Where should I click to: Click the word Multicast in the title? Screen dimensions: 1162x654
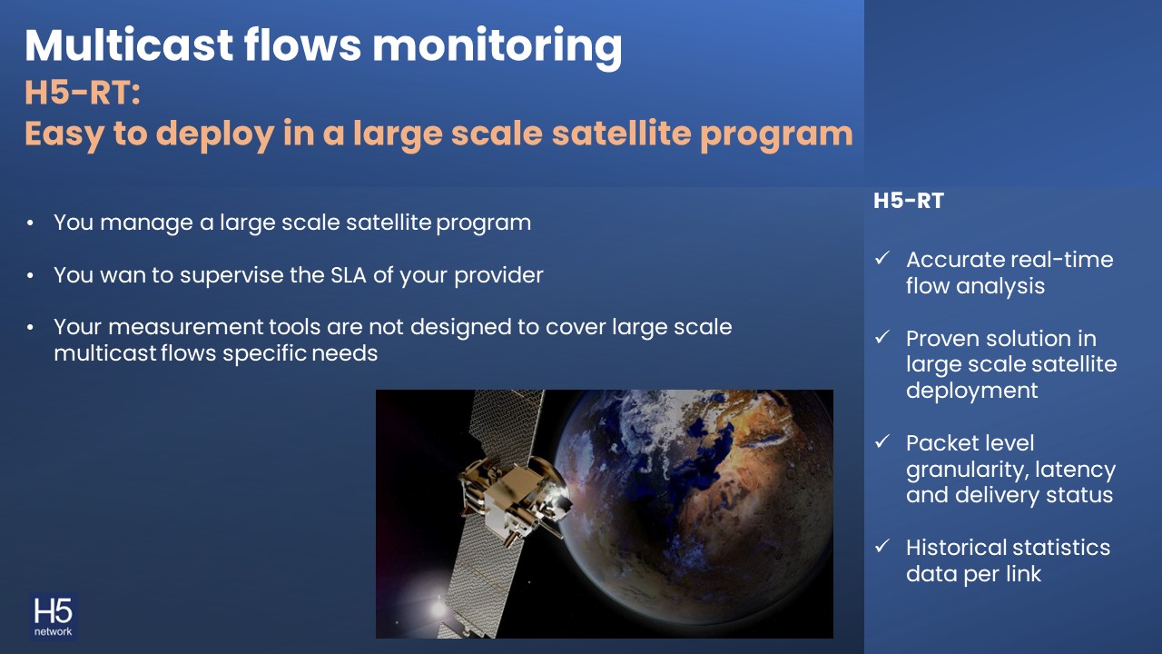[x=129, y=45]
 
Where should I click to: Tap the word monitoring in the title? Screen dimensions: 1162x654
[x=497, y=48]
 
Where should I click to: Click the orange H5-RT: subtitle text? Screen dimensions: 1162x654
[x=83, y=93]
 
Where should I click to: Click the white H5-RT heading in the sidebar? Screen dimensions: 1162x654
[x=909, y=201]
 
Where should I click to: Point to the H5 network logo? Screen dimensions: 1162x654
[x=53, y=617]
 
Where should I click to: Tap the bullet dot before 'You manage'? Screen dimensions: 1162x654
[x=30, y=223]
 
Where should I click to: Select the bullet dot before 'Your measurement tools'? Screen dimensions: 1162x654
[x=30, y=328]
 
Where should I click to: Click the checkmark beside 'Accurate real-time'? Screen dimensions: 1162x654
[x=881, y=258]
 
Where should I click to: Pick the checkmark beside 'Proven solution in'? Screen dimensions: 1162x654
[x=881, y=337]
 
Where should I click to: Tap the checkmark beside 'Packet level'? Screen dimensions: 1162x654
[x=881, y=441]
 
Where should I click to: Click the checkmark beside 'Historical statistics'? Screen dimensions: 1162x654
[x=881, y=546]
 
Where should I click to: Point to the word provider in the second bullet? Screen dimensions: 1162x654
[x=498, y=275]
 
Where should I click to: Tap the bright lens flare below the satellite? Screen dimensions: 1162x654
[x=438, y=608]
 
